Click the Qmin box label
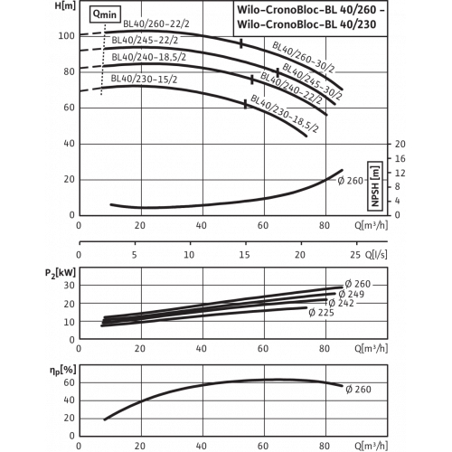tap(105, 14)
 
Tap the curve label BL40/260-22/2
tap(156, 24)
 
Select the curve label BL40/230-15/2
tap(144, 79)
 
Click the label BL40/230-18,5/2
tap(284, 114)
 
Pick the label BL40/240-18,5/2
tap(149, 57)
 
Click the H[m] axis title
tap(65, 5)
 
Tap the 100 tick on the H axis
tap(66, 36)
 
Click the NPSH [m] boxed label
tap(375, 186)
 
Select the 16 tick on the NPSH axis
tap(400, 159)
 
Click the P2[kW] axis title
tap(61, 273)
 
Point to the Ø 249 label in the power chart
tap(352, 294)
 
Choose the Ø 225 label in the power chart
tap(321, 313)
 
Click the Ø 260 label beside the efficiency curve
tap(358, 390)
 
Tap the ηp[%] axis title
tap(62, 371)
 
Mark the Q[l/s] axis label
tap(376, 255)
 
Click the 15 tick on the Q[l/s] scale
tap(244, 255)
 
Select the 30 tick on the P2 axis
tap(69, 286)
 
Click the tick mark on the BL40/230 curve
tap(245, 104)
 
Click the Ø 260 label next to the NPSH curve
tap(351, 181)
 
